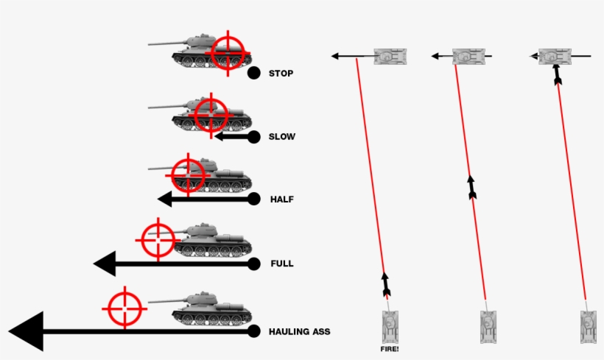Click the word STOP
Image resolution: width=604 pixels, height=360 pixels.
(281, 74)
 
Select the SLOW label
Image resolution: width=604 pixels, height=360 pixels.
(283, 137)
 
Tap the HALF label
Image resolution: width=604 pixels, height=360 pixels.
(282, 200)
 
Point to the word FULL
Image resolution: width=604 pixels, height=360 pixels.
(282, 264)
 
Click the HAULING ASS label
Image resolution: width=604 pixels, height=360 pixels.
(300, 332)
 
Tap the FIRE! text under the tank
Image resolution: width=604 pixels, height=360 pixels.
(389, 349)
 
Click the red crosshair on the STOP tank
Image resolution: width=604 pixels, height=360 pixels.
(229, 52)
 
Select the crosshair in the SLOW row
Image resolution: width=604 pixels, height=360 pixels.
(211, 114)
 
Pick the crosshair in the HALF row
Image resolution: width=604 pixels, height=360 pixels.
(189, 175)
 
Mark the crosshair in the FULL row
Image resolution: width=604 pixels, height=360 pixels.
(158, 240)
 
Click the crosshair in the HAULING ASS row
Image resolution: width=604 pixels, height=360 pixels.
(125, 308)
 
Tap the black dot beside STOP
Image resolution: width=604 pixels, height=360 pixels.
(253, 73)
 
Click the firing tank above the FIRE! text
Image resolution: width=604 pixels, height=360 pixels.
(390, 325)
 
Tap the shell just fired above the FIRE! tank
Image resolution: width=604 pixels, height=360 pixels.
(385, 285)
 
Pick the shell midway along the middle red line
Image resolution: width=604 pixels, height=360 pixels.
(471, 187)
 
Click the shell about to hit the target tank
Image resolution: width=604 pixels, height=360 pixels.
(557, 74)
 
